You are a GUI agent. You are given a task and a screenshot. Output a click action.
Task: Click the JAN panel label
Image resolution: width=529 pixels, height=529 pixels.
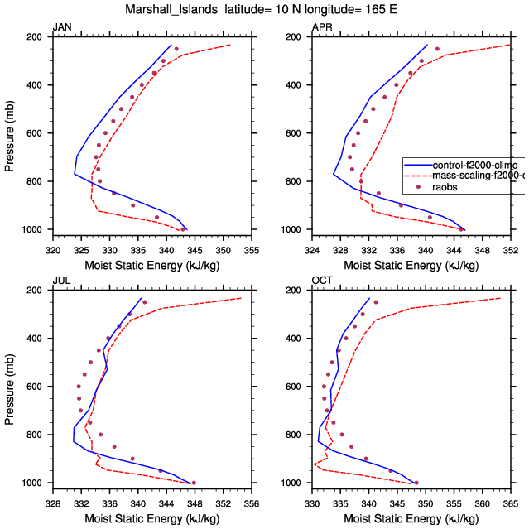pyautogui.click(x=61, y=27)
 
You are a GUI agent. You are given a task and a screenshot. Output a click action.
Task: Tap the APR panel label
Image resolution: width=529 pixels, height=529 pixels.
pyautogui.click(x=322, y=27)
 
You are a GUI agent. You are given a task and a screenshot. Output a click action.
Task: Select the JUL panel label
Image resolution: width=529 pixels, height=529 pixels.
pyautogui.click(x=61, y=281)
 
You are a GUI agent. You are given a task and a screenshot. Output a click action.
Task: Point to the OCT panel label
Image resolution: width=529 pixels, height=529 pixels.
pyautogui.click(x=322, y=281)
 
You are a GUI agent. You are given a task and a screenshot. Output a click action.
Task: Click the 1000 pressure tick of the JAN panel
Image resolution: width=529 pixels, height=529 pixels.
pyautogui.click(x=35, y=229)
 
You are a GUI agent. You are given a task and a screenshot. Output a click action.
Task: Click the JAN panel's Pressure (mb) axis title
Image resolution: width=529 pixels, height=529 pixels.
pyautogui.click(x=9, y=133)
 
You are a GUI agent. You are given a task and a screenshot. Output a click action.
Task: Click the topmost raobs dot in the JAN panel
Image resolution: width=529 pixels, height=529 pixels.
pyautogui.click(x=176, y=49)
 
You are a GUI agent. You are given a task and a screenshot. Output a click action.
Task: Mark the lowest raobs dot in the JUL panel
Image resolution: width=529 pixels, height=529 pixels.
pyautogui.click(x=194, y=483)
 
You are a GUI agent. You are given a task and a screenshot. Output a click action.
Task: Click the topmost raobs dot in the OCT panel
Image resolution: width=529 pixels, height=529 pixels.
pyautogui.click(x=375, y=302)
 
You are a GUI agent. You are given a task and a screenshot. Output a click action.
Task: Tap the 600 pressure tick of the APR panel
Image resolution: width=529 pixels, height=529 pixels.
pyautogui.click(x=296, y=133)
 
